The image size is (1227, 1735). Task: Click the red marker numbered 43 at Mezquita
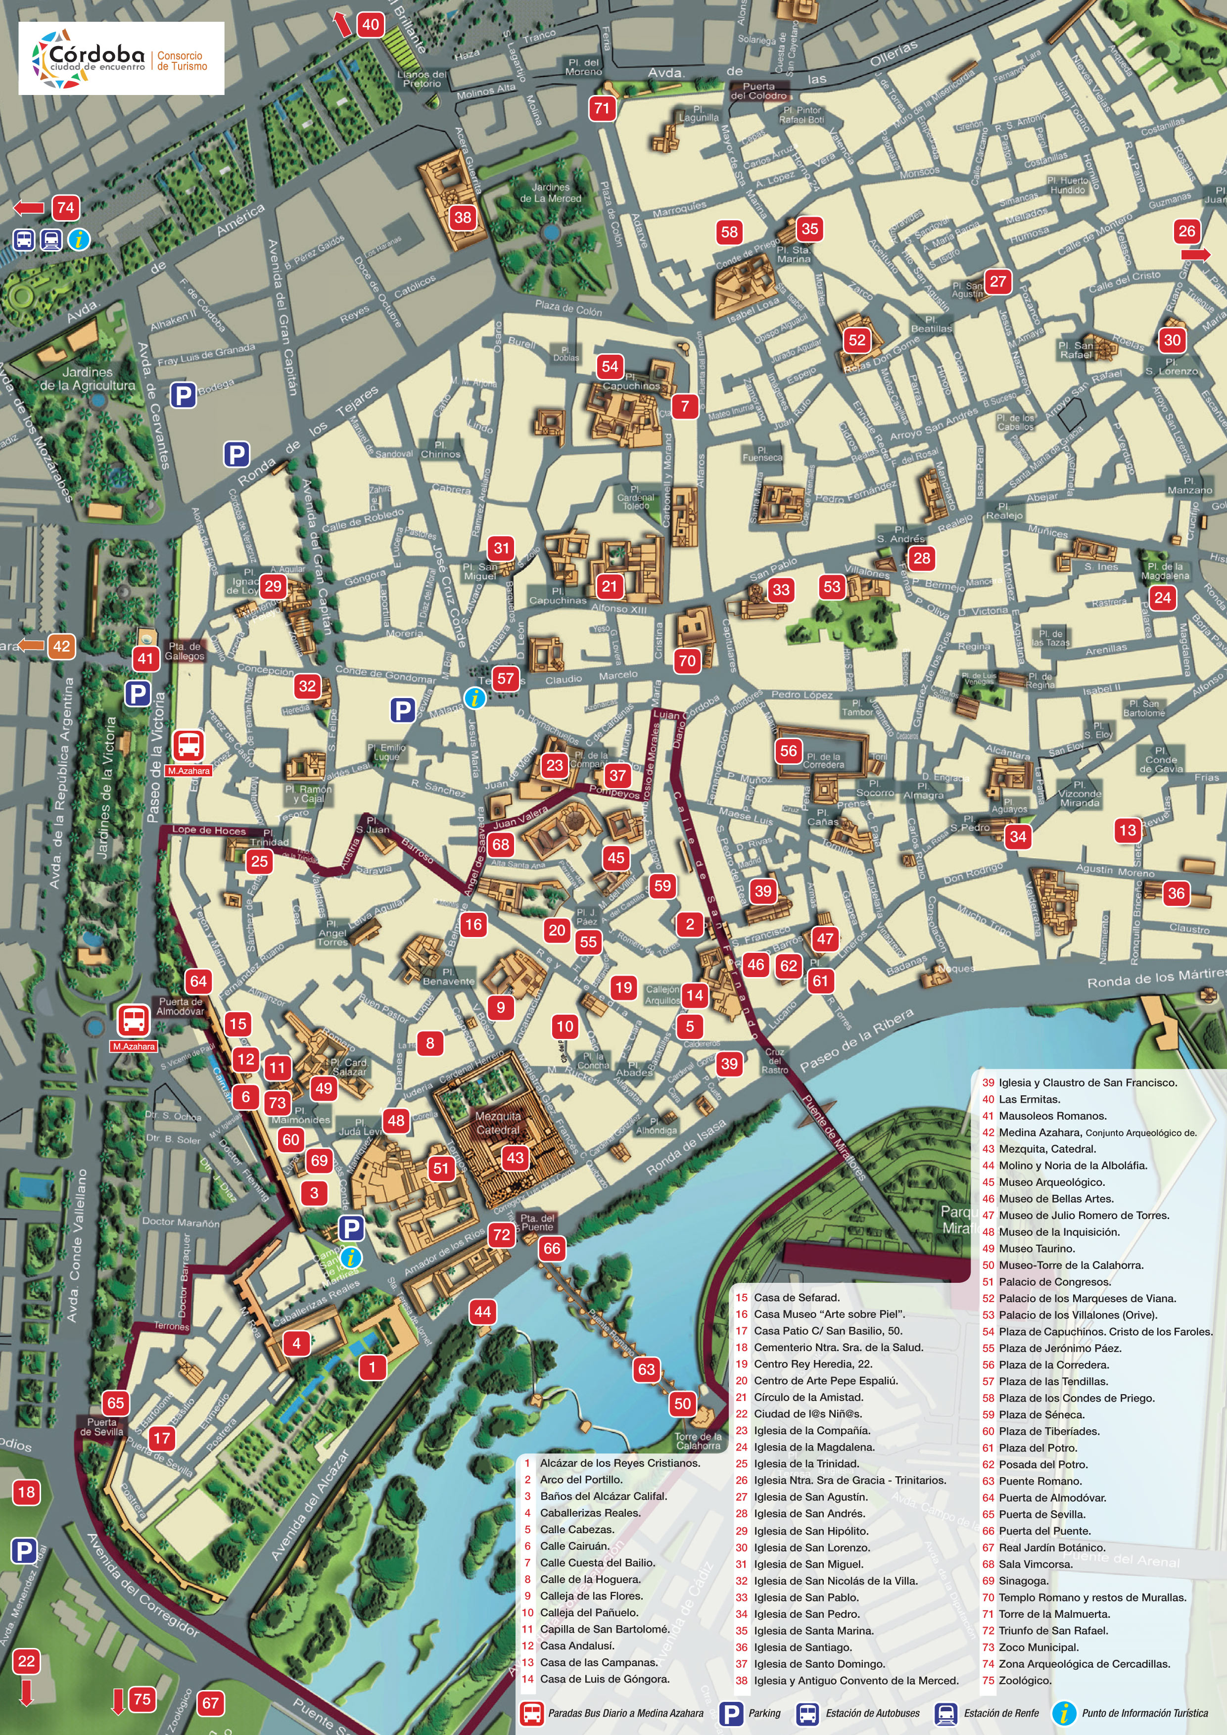click(515, 1157)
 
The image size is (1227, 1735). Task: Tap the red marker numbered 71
click(602, 108)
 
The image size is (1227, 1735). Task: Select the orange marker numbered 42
click(61, 646)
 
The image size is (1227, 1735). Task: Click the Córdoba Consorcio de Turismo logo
click(121, 58)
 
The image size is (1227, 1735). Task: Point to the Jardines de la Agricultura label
click(87, 378)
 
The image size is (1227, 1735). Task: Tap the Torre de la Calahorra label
click(698, 1441)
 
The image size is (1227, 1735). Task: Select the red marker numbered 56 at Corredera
click(788, 750)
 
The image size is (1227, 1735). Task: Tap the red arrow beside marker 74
click(29, 208)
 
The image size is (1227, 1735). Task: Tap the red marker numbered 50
click(682, 1403)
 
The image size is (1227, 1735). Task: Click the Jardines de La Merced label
click(550, 192)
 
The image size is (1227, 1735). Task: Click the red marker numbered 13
click(1127, 830)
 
